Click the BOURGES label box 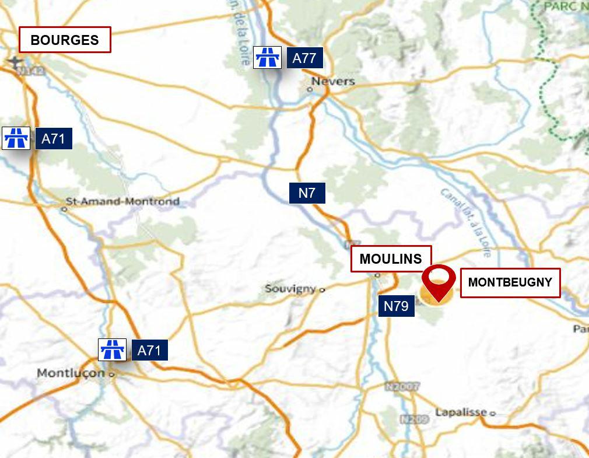(x=65, y=40)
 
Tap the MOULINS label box (x=391, y=259)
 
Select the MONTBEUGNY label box (x=510, y=283)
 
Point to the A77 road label (x=304, y=58)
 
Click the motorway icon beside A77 (x=268, y=58)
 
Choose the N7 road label (x=307, y=193)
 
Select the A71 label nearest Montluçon (x=149, y=351)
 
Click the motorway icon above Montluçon (x=112, y=350)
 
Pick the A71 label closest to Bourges (x=54, y=139)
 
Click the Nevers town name (x=333, y=82)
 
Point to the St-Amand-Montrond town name (x=122, y=202)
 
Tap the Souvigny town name (x=290, y=289)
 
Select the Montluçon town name (x=71, y=373)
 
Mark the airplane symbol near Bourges (x=13, y=61)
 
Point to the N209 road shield (x=410, y=419)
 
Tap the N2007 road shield (x=402, y=387)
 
